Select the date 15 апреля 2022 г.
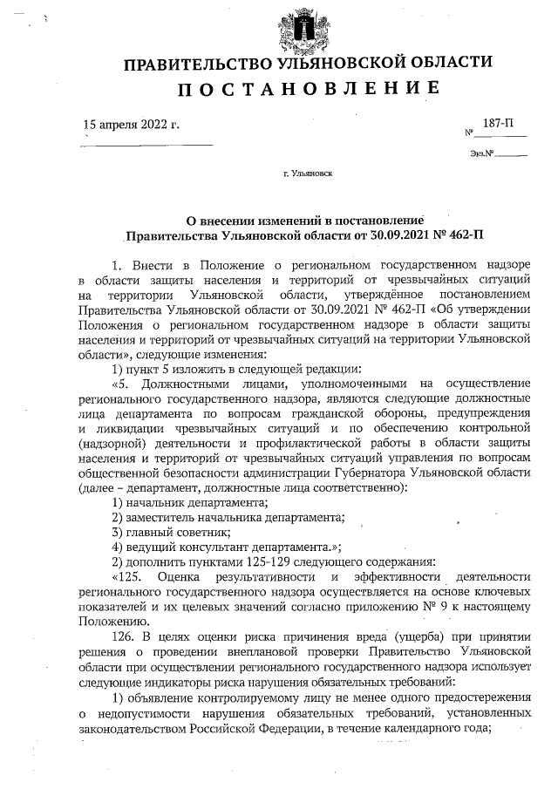[x=131, y=126]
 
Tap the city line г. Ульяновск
[x=308, y=173]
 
